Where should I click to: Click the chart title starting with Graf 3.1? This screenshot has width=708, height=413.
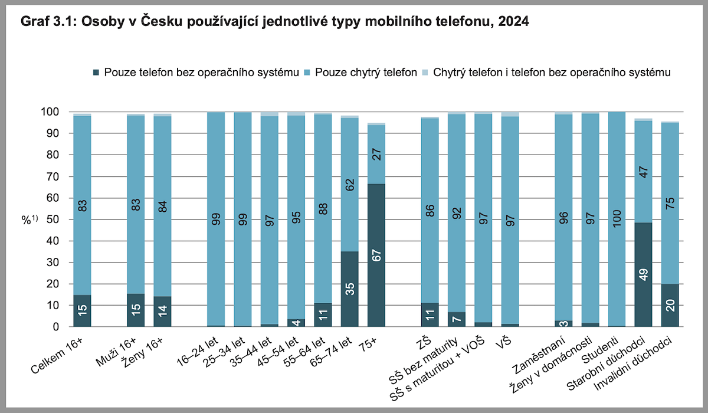coord(274,22)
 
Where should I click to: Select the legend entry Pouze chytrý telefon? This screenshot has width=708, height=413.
coord(366,74)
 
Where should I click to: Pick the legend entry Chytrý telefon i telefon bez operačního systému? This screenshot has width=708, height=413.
coord(552,74)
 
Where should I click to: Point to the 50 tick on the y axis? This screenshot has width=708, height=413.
coord(53,219)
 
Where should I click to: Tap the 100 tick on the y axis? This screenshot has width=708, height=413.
coord(50,112)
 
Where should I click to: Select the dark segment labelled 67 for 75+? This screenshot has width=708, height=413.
coord(376,255)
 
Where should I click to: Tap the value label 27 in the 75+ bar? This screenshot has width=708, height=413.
coord(376,155)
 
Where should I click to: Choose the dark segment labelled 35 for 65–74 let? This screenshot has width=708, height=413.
coord(349,289)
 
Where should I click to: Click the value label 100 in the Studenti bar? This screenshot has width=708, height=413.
coord(617,219)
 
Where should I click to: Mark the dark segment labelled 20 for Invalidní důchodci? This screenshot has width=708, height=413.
coord(670,305)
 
